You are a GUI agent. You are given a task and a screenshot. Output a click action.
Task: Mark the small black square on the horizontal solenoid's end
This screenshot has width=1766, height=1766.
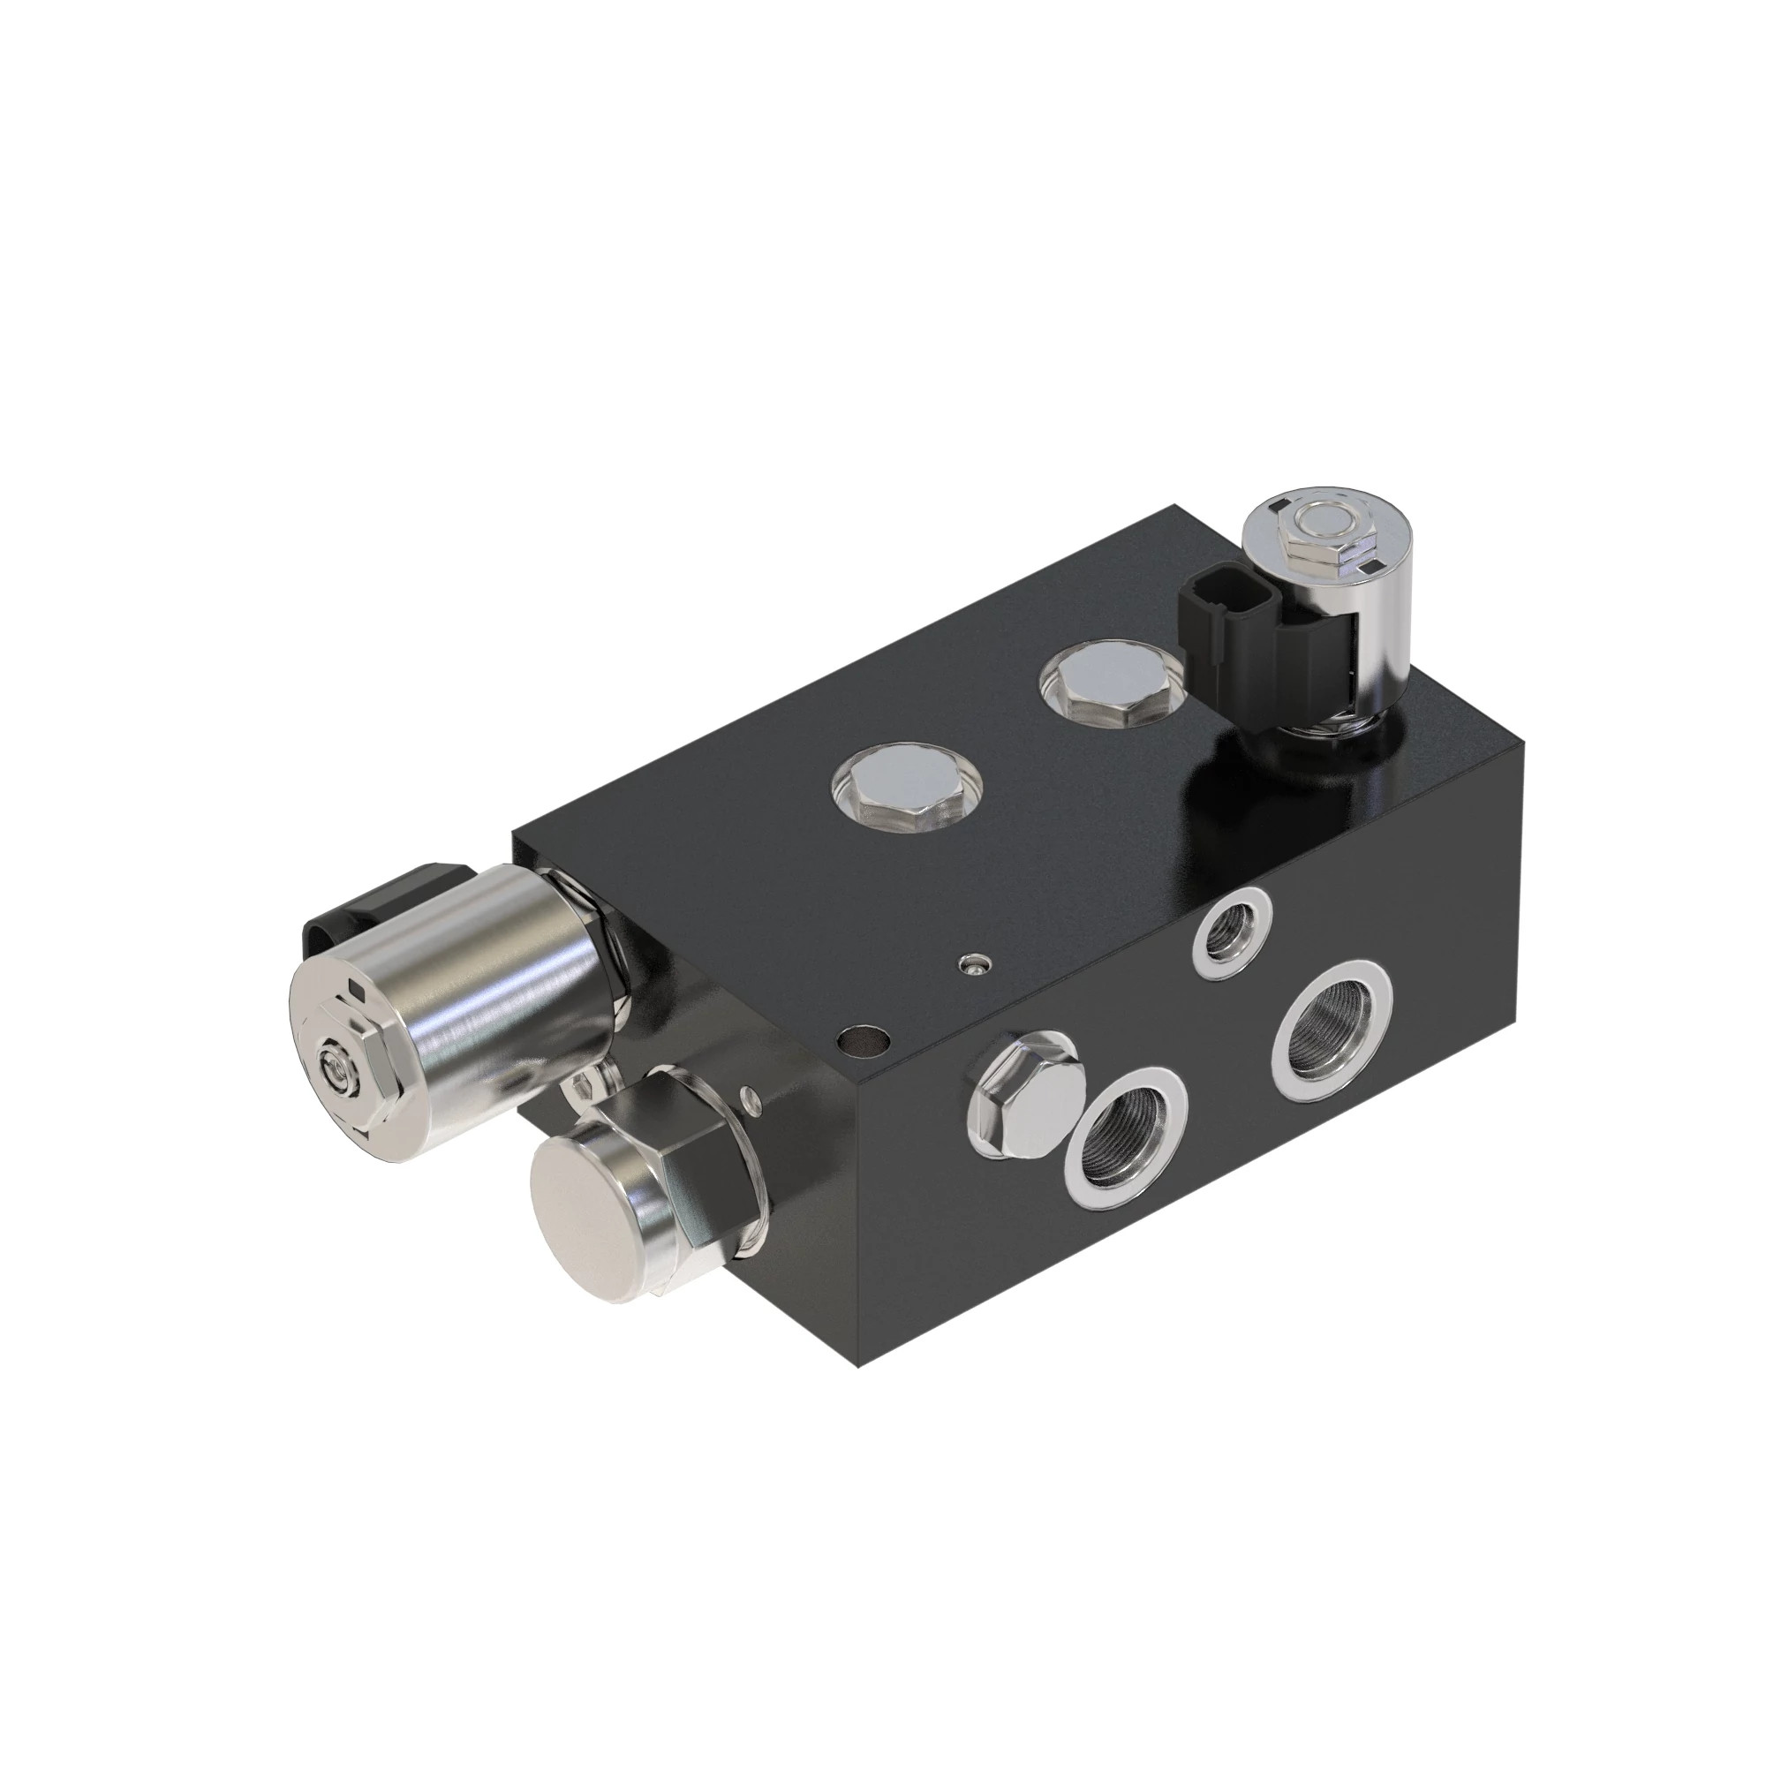pyautogui.click(x=359, y=993)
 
